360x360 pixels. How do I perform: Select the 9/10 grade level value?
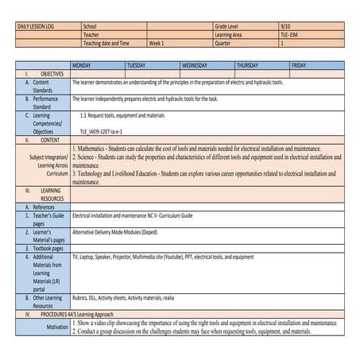tap(285, 26)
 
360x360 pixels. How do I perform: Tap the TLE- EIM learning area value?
tap(290, 35)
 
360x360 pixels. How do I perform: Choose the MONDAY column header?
tap(83, 64)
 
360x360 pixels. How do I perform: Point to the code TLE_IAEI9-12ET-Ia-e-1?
tap(101, 130)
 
